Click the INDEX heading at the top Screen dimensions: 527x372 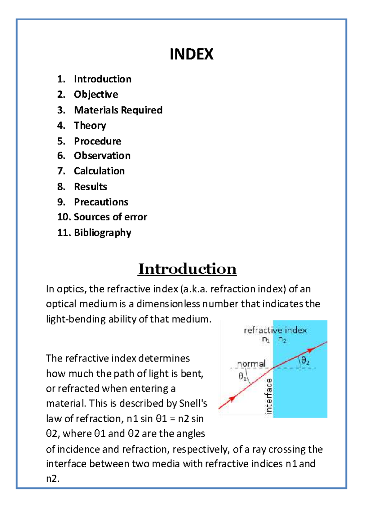[x=191, y=54]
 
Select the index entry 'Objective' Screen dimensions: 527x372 [x=96, y=95]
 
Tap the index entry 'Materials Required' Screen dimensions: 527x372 [x=118, y=110]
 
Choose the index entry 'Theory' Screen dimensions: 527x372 [x=90, y=126]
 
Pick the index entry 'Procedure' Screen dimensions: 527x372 [x=97, y=141]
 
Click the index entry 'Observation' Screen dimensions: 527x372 [x=102, y=156]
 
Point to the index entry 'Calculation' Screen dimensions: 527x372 [x=99, y=171]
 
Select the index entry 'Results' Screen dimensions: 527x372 [x=91, y=187]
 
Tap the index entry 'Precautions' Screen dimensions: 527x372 [x=101, y=202]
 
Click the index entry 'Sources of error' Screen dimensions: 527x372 [x=110, y=217]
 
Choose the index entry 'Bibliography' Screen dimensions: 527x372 [x=103, y=233]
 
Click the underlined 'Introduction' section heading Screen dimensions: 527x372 [x=187, y=269]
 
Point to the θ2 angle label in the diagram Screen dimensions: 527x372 [x=305, y=361]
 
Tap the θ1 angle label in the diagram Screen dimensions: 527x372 [x=242, y=376]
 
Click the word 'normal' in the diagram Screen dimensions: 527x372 [x=251, y=363]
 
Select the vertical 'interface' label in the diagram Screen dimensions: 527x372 [x=269, y=396]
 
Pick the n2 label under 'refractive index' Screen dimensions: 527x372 [x=282, y=339]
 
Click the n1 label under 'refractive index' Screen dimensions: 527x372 [x=266, y=339]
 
